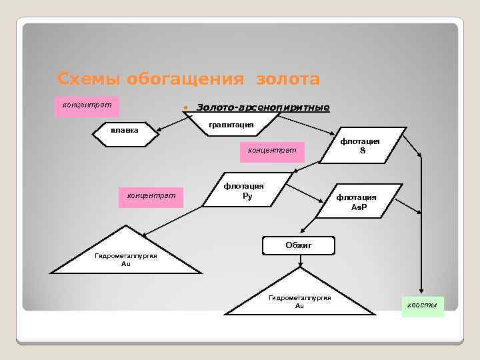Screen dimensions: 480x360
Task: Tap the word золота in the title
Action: (287, 79)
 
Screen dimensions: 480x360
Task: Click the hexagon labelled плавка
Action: (125, 131)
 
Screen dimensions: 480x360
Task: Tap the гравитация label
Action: (230, 124)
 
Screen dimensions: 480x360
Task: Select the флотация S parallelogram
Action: (360, 145)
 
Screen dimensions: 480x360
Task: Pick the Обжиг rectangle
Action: (299, 245)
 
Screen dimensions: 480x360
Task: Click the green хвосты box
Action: (423, 305)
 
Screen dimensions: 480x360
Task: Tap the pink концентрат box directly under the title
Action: (86, 106)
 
